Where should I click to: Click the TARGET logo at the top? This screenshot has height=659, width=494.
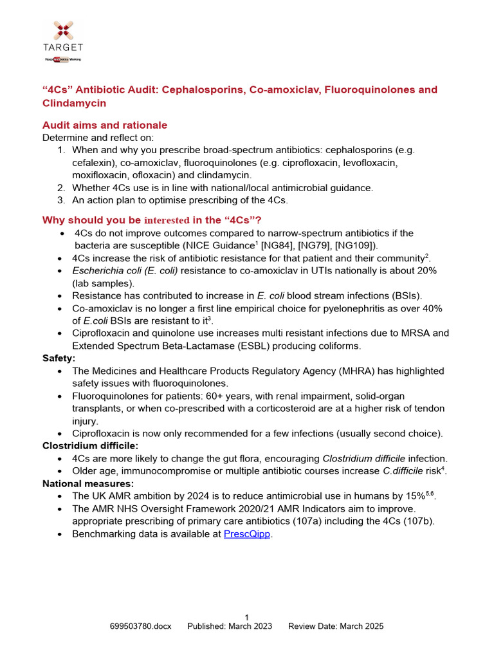63,40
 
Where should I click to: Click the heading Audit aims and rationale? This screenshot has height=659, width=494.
104,125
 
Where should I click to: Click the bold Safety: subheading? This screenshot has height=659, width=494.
59,358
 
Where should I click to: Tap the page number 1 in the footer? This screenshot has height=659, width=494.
247,617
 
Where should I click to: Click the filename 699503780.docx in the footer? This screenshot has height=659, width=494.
141,626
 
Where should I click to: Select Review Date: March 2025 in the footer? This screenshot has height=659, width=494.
336,626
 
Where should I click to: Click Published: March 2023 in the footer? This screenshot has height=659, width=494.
230,626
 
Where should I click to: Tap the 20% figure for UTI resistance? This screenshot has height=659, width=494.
426,270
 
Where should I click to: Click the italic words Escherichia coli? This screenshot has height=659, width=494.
104,270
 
